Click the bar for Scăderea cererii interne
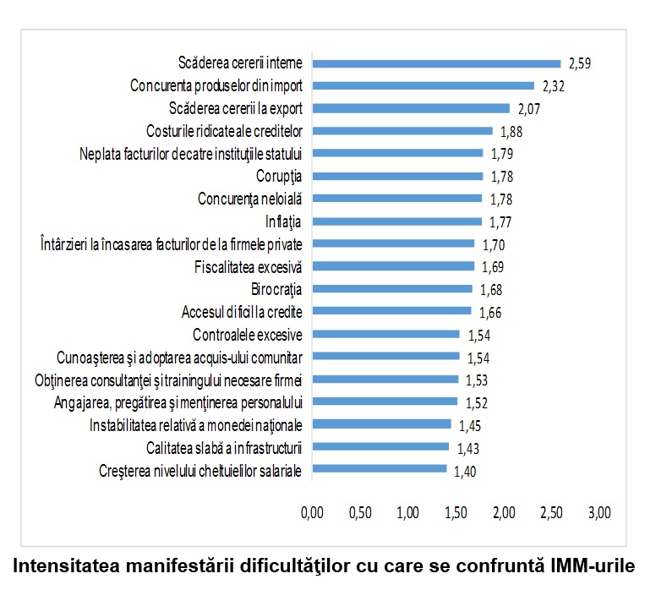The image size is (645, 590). click(436, 63)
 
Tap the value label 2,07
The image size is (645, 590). click(529, 108)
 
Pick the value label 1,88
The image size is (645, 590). click(512, 131)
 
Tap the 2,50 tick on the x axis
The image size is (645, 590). click(552, 512)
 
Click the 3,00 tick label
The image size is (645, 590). click(600, 512)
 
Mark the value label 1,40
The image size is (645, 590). click(466, 470)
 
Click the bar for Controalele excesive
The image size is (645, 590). click(385, 334)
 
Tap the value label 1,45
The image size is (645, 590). click(471, 424)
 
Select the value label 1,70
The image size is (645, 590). click(495, 244)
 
